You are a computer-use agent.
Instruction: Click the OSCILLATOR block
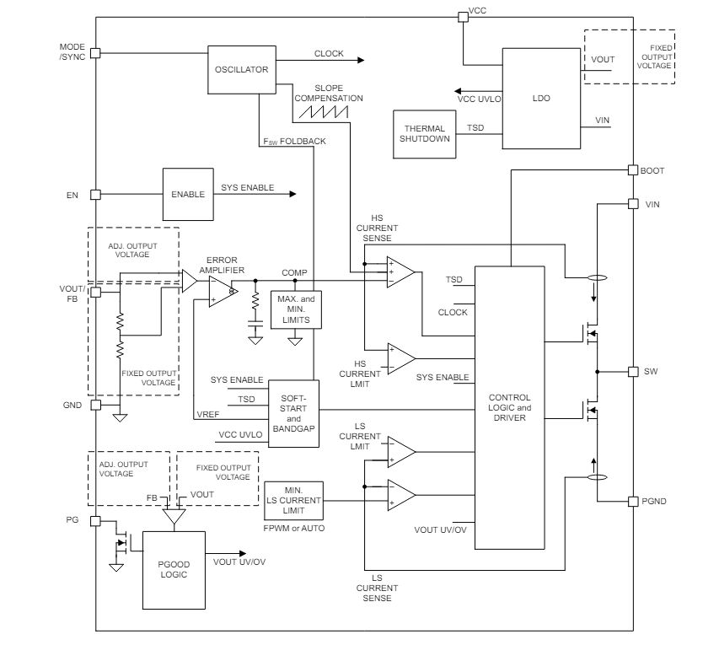tap(241, 70)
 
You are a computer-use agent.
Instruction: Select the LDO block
tap(541, 98)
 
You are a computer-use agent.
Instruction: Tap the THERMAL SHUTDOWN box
tap(424, 134)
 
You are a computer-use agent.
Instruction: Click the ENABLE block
tap(188, 194)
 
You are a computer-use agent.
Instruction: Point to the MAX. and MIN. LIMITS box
tap(294, 309)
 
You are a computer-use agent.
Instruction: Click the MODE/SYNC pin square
tap(95, 52)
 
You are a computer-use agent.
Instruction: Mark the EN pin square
tap(95, 194)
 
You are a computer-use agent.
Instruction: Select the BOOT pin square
tap(632, 169)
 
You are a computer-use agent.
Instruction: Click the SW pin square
tap(632, 372)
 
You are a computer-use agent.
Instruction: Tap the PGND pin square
tap(632, 502)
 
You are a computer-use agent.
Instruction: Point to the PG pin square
tap(95, 520)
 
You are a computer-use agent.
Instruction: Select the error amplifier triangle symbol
tap(223, 292)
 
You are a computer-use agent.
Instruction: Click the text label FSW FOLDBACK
tap(294, 141)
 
